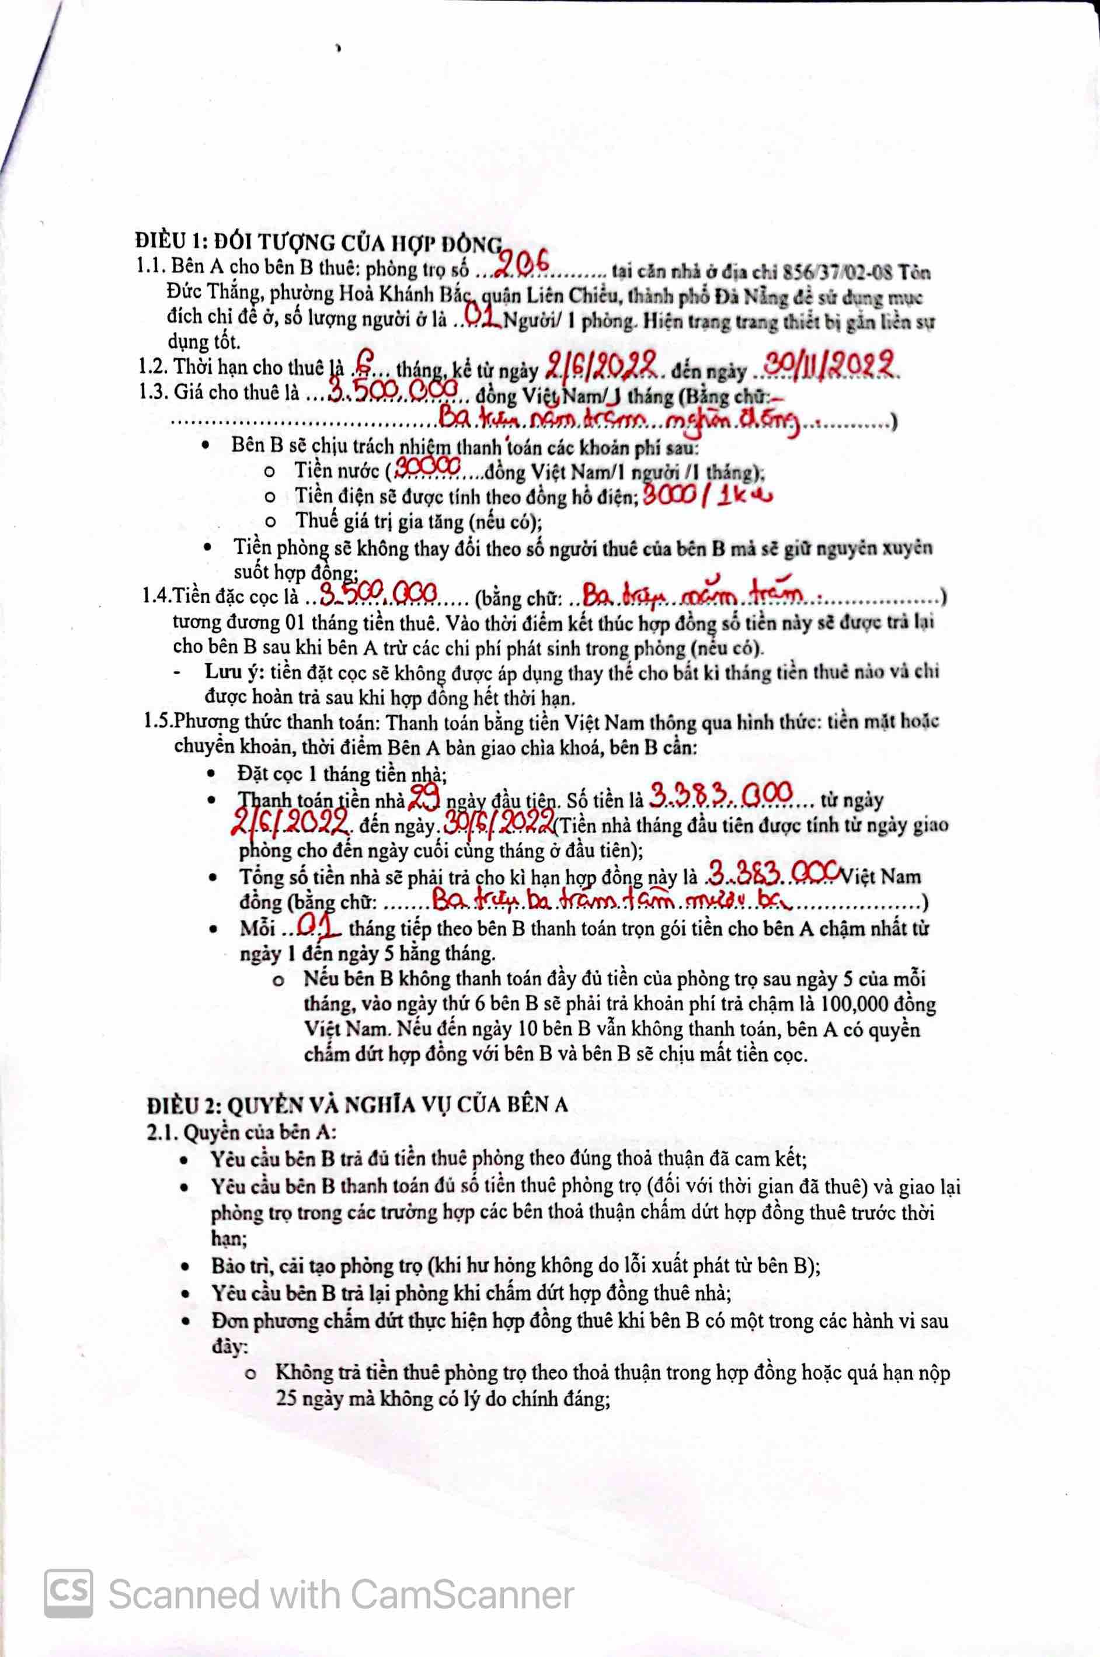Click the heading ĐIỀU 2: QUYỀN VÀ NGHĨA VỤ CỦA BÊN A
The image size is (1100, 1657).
357,1104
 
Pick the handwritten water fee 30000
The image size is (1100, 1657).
428,467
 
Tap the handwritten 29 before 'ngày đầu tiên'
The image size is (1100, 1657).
424,798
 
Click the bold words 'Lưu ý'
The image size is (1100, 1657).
228,672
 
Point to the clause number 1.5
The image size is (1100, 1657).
158,721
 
